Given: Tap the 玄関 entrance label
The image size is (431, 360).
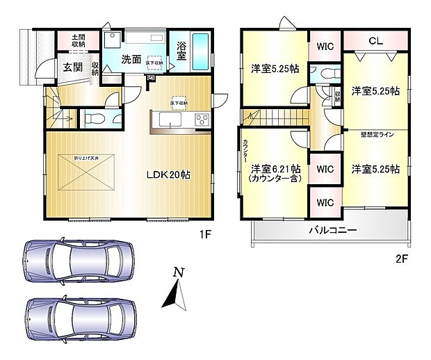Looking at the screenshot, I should coord(73,67).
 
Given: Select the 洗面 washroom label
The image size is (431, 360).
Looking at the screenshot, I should coord(133,60).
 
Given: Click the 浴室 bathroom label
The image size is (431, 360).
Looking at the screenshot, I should coord(181,51).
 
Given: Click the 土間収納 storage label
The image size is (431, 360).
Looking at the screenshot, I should coord(79,40).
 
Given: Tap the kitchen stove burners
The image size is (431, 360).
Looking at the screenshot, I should coord(202,120).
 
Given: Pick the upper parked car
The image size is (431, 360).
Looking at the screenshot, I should coord(79,261).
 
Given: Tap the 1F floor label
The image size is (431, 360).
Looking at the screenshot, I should coord(205,235).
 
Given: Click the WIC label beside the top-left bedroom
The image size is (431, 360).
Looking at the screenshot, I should coord(324,47).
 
